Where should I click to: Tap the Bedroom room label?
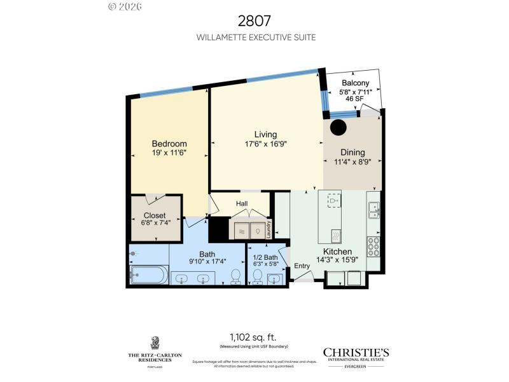coord(169,143)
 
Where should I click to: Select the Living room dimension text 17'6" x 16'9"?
coord(265,144)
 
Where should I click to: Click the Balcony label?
coord(355,83)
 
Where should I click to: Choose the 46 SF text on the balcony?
coord(354,99)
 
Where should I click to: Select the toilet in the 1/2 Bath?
coord(258,276)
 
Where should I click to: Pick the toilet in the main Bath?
coord(235,276)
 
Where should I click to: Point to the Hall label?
coord(242,203)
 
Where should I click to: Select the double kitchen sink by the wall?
coord(374,210)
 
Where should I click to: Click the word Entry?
coord(302,265)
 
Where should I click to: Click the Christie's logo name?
coord(356,352)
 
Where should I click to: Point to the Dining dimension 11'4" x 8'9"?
coord(352,162)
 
